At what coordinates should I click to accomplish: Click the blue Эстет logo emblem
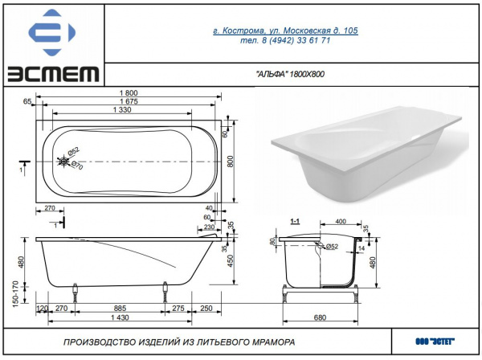pos(52,32)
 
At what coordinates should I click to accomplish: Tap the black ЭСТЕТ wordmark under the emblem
pos(53,74)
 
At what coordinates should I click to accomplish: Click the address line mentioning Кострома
pos(285,31)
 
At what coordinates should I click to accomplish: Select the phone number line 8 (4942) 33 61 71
pos(285,40)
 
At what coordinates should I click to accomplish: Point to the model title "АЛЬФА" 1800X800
pos(290,74)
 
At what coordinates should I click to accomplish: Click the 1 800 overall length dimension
pos(129,93)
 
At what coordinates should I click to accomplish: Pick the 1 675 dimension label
pos(129,101)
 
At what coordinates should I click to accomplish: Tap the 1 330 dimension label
pos(122,109)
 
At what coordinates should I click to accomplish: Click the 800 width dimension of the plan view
pos(231,162)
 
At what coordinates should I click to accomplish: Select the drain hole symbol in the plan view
pos(63,161)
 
